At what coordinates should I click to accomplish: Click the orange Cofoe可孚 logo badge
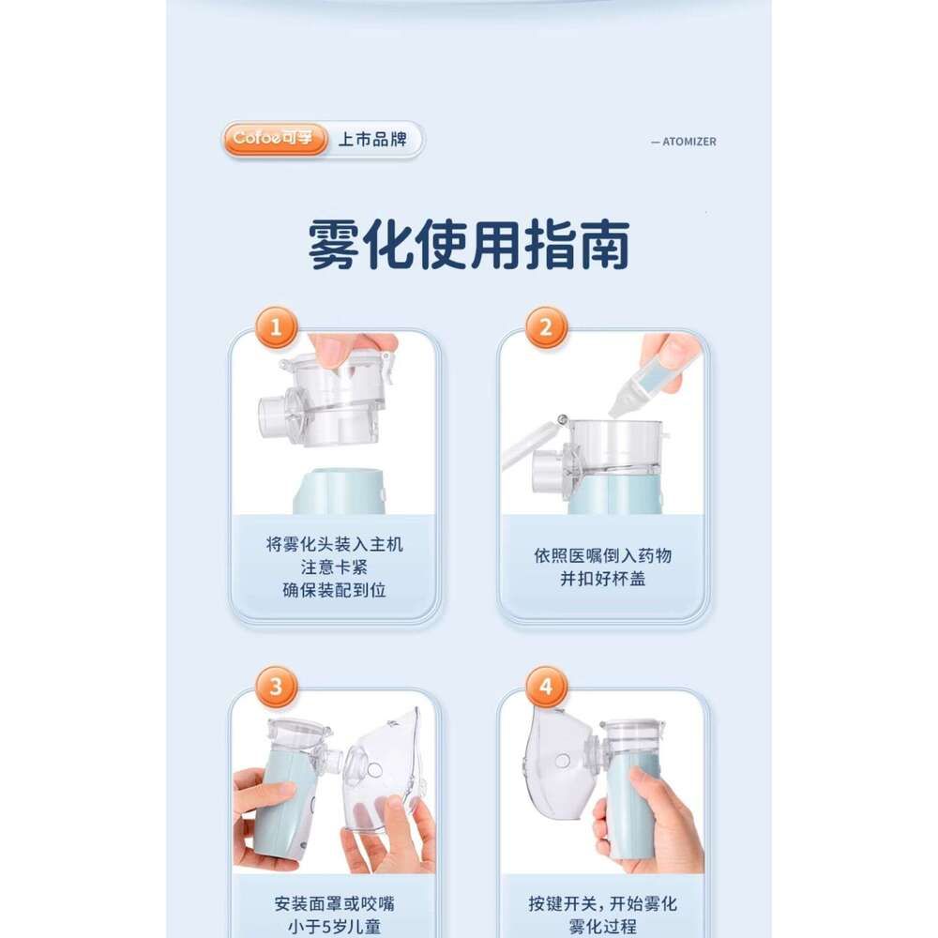(275, 139)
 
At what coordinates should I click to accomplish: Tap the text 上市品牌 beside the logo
(372, 140)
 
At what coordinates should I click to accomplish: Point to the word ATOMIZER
(689, 142)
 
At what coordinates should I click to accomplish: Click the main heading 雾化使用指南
(468, 245)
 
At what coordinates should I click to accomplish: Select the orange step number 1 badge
(276, 327)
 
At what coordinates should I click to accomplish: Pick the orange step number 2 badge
(546, 327)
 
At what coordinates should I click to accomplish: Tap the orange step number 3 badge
(276, 687)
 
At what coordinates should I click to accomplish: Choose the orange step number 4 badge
(546, 687)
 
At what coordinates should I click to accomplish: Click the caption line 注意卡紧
(335, 567)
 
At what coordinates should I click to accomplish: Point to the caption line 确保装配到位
(335, 590)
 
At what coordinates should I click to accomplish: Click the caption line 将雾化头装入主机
(335, 544)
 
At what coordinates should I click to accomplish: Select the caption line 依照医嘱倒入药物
(603, 555)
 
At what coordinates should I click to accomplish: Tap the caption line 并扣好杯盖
(603, 579)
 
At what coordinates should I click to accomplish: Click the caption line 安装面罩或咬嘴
(335, 903)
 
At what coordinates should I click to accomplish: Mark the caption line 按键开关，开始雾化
(603, 903)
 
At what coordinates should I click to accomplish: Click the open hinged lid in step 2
(533, 442)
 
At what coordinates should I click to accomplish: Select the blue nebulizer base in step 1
(339, 492)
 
